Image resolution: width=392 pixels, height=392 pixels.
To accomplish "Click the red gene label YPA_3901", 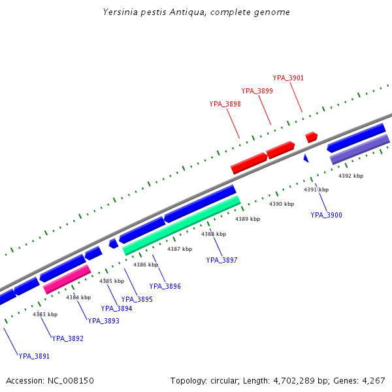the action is point(288,78).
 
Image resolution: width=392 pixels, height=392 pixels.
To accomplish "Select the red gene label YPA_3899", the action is point(257,91).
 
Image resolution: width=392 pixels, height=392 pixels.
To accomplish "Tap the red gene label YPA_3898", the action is point(225,104).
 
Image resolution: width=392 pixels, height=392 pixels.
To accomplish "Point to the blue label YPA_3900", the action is point(326,215).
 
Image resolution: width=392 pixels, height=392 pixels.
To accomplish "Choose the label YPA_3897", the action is point(221,260).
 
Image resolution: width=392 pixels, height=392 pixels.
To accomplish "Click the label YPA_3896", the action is point(165,286).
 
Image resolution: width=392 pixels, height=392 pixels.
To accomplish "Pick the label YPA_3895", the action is point(137,299).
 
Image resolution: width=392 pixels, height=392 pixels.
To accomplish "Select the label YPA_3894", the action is point(116,308).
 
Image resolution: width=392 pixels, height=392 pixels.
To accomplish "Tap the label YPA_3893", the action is point(103,321).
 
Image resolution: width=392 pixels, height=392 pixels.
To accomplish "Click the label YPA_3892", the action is point(68,338).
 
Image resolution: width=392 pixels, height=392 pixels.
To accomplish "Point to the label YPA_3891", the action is point(34,356).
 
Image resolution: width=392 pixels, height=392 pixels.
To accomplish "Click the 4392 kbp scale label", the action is point(351,176).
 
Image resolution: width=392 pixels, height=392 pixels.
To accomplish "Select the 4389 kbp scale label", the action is point(248,219).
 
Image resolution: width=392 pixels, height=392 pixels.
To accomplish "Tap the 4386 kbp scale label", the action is point(146,265).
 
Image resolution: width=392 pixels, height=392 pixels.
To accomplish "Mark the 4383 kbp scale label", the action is point(45,314).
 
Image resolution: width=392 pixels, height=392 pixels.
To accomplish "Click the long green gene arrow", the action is point(182,225).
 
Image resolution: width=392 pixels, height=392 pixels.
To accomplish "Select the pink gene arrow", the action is point(67,279).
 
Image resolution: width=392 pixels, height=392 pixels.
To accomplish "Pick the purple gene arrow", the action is point(359,150).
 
